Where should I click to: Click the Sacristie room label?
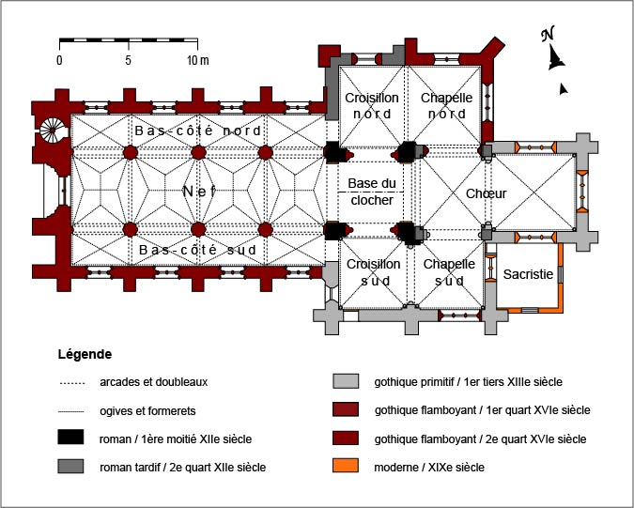pyautogui.click(x=528, y=274)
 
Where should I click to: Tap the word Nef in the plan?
pyautogui.click(x=199, y=192)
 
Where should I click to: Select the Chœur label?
pyautogui.click(x=486, y=193)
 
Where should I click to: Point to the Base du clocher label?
pyautogui.click(x=372, y=192)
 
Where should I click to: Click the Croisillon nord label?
pyautogui.click(x=372, y=106)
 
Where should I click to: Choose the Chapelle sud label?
pyautogui.click(x=449, y=272)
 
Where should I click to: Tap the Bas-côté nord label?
pyautogui.click(x=198, y=131)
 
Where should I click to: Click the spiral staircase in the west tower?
pyautogui.click(x=53, y=131)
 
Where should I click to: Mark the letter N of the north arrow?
pyautogui.click(x=548, y=34)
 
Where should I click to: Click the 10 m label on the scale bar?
pyautogui.click(x=198, y=60)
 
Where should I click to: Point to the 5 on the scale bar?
pyautogui.click(x=128, y=60)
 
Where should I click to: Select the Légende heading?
pyautogui.click(x=85, y=354)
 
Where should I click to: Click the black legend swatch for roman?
pyautogui.click(x=70, y=438)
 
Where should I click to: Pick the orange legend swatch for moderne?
pyautogui.click(x=346, y=466)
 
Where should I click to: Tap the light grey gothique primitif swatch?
pyautogui.click(x=346, y=381)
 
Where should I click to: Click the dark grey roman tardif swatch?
pyautogui.click(x=70, y=466)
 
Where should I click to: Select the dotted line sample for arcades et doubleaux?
pyautogui.click(x=71, y=383)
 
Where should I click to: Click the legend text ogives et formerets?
pyautogui.click(x=147, y=411)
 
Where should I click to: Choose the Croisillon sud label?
pyautogui.click(x=374, y=272)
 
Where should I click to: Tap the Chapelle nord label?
pyautogui.click(x=446, y=106)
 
